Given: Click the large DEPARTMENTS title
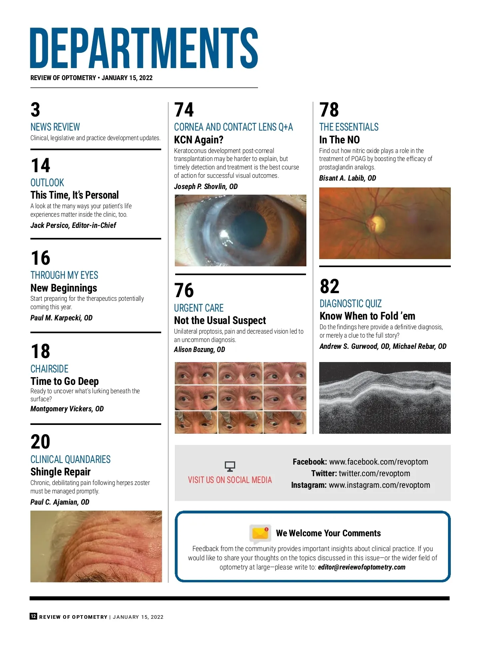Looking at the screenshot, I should (x=144, y=48).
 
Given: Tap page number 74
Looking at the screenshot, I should (x=184, y=110).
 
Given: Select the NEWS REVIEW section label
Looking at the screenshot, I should (x=55, y=127).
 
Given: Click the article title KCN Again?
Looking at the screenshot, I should (x=198, y=140).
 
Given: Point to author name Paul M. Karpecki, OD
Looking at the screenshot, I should (x=61, y=318).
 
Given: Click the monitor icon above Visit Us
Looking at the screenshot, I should (x=230, y=466).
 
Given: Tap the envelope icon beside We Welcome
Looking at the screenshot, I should (x=260, y=533).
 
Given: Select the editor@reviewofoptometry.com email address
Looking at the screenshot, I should (x=362, y=567).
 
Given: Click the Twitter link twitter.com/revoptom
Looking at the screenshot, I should (x=374, y=473).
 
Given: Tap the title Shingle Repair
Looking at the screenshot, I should (x=60, y=472).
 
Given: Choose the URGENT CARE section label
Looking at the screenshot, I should (x=198, y=308).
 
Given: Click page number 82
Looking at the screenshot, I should (x=329, y=286).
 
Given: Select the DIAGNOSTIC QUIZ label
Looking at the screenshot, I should (x=350, y=304).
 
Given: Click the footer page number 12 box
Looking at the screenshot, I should (x=33, y=616).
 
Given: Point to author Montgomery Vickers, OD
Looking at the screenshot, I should (x=67, y=409).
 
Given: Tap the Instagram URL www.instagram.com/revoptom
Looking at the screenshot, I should (x=379, y=485).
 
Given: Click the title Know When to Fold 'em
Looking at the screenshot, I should (x=367, y=316).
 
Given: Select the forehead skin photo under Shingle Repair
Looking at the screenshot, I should (x=96, y=546).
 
